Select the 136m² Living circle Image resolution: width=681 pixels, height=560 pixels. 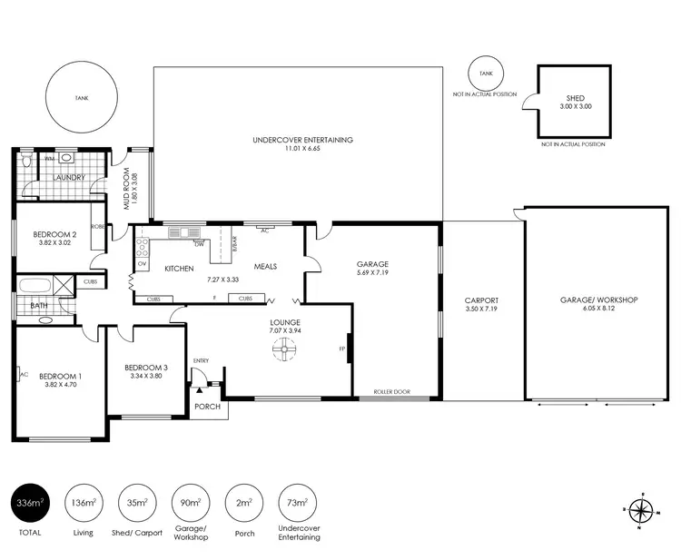coord(83,500)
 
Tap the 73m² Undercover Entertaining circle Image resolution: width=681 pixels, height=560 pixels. coord(298,500)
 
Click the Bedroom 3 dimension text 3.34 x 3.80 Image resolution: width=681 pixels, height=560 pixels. coord(145,376)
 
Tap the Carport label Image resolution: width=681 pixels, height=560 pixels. coord(481,300)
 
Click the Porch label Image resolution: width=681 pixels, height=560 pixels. coord(208,406)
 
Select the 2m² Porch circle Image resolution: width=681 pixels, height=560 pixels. coord(244,500)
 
